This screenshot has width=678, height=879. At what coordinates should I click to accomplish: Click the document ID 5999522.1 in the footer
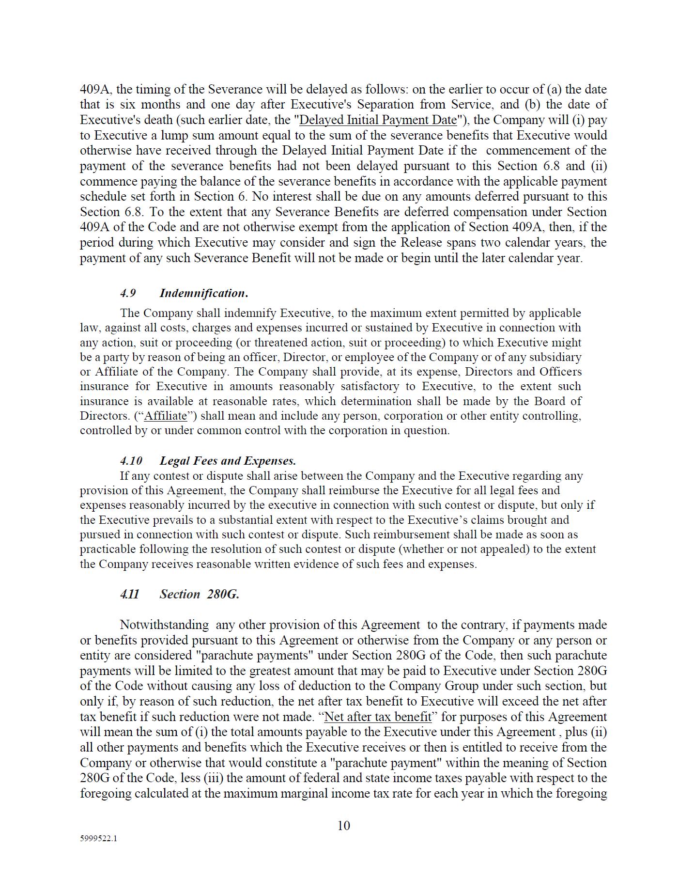point(98,838)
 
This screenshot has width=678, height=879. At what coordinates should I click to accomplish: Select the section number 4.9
point(128,293)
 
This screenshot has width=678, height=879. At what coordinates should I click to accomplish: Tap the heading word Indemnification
point(203,293)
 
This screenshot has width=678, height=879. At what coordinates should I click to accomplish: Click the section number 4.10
point(131,461)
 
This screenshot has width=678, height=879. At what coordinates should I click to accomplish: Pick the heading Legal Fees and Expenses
point(228,461)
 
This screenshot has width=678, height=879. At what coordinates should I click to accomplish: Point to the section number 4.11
point(130,594)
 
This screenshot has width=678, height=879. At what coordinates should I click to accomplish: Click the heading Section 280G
point(199,594)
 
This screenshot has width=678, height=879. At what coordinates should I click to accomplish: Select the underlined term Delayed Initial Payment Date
point(378,120)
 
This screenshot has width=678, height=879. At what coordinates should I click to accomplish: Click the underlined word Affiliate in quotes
point(166,416)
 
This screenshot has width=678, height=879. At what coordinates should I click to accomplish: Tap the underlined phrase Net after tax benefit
point(378,717)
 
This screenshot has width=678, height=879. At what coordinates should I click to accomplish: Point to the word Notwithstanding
point(164,625)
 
